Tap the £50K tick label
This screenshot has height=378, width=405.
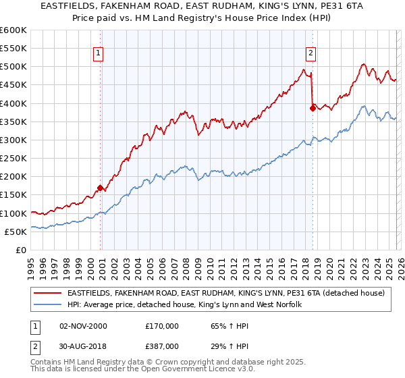16,232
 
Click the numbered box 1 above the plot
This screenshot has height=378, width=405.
99,52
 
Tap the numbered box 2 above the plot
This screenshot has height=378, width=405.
310,52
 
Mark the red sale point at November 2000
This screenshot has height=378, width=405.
101,188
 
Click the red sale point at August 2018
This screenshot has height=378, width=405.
313,108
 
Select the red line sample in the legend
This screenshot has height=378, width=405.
49,293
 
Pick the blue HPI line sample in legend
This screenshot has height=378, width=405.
49,305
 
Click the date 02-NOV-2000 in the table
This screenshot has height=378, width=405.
84,326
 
